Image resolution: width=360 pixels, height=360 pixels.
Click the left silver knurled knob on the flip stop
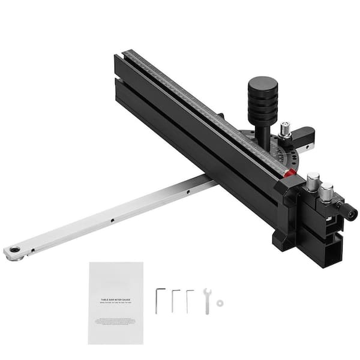[x=313, y=181]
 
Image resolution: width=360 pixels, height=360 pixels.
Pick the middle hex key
[x=175, y=300]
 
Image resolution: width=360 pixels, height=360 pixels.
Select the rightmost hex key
[x=189, y=300]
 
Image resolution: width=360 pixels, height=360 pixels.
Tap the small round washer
[x=220, y=303]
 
